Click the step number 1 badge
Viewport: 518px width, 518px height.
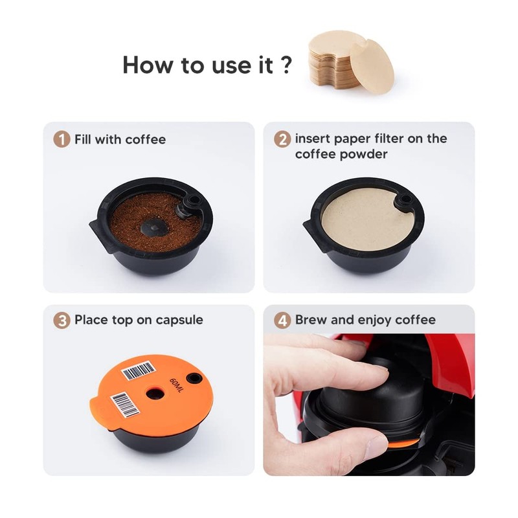(x=62, y=139)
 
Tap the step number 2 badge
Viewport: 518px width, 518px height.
(x=282, y=139)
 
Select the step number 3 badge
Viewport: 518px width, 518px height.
(x=62, y=320)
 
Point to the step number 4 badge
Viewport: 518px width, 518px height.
(x=282, y=320)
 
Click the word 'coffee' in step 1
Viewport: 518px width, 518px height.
(x=146, y=139)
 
